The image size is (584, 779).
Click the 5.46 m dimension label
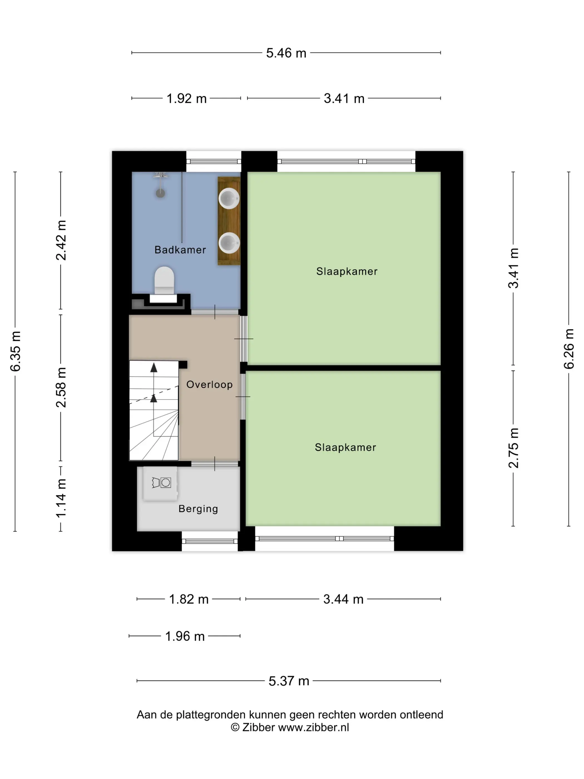coord(286,53)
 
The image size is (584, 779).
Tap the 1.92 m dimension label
coord(186,98)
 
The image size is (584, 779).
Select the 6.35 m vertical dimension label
coord(16,351)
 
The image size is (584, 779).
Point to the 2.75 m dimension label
coord(513,448)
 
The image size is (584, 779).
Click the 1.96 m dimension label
coord(185,636)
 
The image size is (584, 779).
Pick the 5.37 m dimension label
coord(289,681)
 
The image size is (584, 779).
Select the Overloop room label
coord(209,384)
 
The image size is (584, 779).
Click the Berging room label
coord(198,509)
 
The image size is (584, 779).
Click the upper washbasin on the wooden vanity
coord(229,198)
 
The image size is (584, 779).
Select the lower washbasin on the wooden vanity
coord(229,243)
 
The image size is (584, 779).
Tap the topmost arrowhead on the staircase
coord(154,368)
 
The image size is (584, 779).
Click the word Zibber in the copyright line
coord(258,727)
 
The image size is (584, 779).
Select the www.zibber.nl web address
coord(314,727)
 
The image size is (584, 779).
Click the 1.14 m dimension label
coord(61,498)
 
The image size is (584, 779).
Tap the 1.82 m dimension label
coord(189,599)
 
